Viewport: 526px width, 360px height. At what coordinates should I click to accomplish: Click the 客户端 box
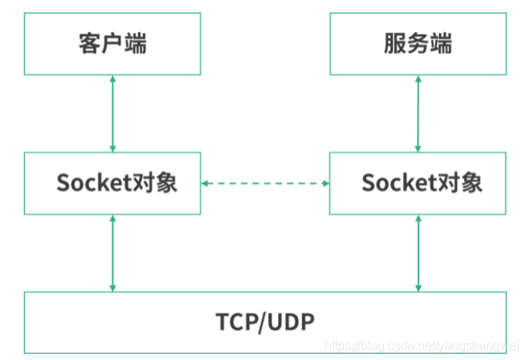(x=112, y=44)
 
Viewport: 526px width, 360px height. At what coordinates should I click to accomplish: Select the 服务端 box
(x=417, y=44)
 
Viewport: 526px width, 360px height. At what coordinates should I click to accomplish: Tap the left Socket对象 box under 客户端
(x=112, y=184)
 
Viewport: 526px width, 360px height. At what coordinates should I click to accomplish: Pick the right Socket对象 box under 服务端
(x=417, y=184)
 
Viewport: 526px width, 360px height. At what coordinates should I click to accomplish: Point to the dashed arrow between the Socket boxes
(x=265, y=184)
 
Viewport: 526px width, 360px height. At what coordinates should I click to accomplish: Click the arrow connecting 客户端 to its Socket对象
(x=113, y=114)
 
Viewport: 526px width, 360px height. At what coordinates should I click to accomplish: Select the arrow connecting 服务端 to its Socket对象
(x=418, y=114)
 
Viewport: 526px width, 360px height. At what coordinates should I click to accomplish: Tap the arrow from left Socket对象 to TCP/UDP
(x=113, y=253)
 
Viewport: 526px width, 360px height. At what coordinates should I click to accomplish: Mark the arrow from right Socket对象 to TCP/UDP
(x=418, y=253)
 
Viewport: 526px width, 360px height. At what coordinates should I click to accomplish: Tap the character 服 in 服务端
(x=395, y=44)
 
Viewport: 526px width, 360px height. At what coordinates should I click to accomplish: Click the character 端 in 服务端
(x=440, y=44)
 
